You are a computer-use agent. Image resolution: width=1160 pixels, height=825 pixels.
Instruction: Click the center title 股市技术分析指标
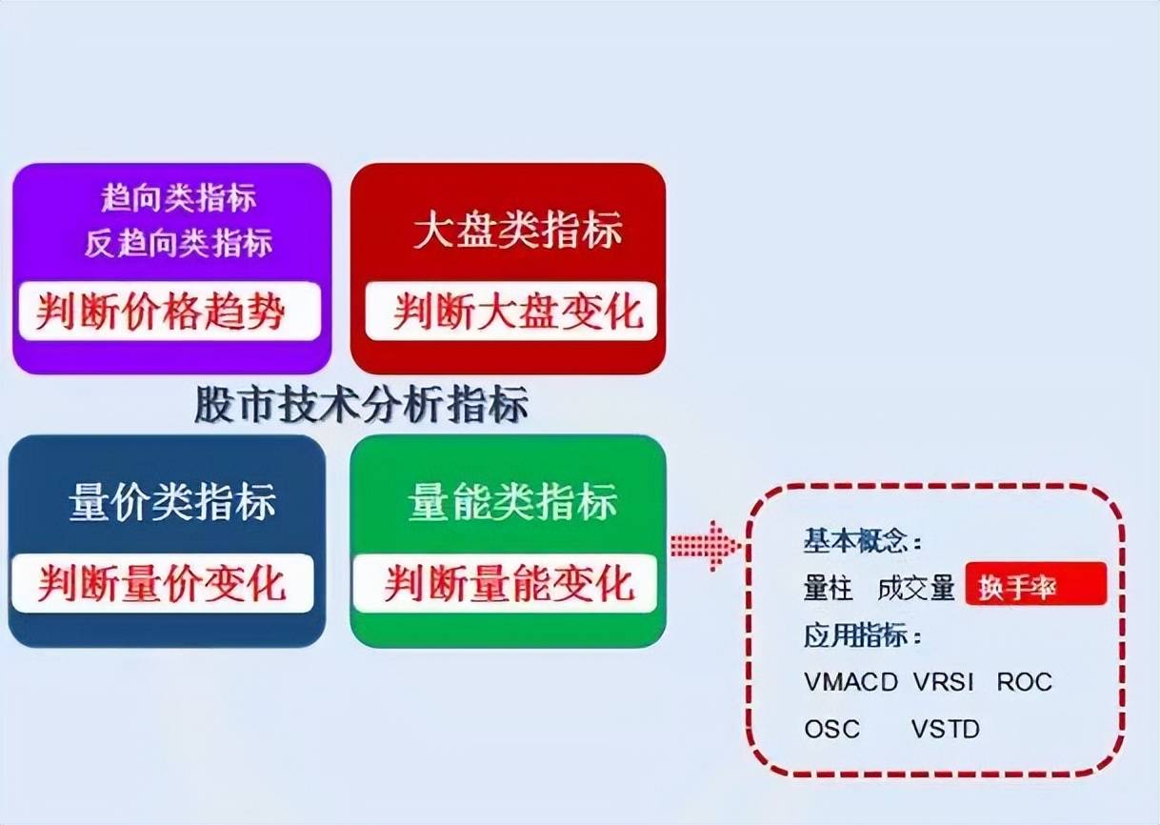pyautogui.click(x=361, y=405)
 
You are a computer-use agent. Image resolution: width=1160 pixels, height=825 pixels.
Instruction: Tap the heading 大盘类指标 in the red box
pyautogui.click(x=518, y=231)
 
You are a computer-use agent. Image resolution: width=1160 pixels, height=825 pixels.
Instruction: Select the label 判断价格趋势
pyautogui.click(x=161, y=312)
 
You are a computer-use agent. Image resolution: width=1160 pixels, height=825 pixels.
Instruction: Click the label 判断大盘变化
pyautogui.click(x=518, y=312)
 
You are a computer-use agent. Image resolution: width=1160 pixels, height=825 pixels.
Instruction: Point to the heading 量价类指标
pyautogui.click(x=172, y=502)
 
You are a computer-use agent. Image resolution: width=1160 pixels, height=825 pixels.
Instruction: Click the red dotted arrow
pyautogui.click(x=705, y=547)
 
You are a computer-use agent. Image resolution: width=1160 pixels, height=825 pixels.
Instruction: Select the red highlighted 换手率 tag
pyautogui.click(x=1035, y=586)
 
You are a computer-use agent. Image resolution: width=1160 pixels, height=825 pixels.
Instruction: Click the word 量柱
pyautogui.click(x=828, y=589)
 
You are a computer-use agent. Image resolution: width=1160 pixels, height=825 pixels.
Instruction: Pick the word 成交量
pyautogui.click(x=915, y=589)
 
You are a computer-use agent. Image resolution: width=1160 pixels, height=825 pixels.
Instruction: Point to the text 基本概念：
pyautogui.click(x=863, y=542)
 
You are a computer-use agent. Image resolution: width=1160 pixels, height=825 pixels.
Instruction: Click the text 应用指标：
pyautogui.click(x=863, y=635)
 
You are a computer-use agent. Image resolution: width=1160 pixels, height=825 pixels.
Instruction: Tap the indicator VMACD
pyautogui.click(x=850, y=682)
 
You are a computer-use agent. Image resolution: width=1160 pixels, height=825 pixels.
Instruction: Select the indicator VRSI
pyautogui.click(x=944, y=682)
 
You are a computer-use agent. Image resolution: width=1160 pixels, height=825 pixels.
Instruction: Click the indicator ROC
pyautogui.click(x=1025, y=682)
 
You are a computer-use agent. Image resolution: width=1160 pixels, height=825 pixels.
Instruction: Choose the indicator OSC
pyautogui.click(x=831, y=730)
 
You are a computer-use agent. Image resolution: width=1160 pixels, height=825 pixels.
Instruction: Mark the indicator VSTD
pyautogui.click(x=945, y=730)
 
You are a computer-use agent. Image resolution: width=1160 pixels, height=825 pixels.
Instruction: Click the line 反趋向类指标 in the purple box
pyautogui.click(x=178, y=243)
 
